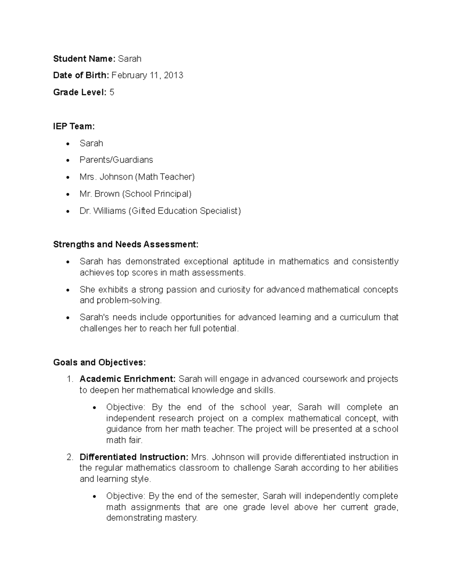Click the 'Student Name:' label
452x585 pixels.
(84, 59)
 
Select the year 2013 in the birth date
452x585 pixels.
(173, 75)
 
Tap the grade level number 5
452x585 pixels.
(112, 92)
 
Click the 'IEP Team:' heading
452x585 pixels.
(74, 126)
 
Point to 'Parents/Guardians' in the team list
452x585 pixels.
(116, 160)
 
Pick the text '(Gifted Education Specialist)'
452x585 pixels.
(185, 211)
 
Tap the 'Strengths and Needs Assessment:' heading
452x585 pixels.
(125, 244)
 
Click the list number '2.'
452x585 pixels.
(69, 457)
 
